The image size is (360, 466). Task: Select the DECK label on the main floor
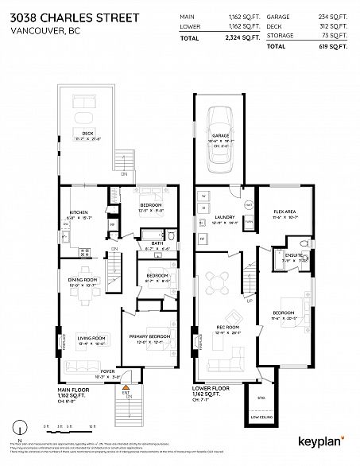click(x=87, y=133)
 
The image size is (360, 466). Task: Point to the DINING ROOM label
click(x=81, y=280)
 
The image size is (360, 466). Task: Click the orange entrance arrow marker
click(x=125, y=386)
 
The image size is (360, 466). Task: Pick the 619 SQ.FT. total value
click(x=332, y=47)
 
